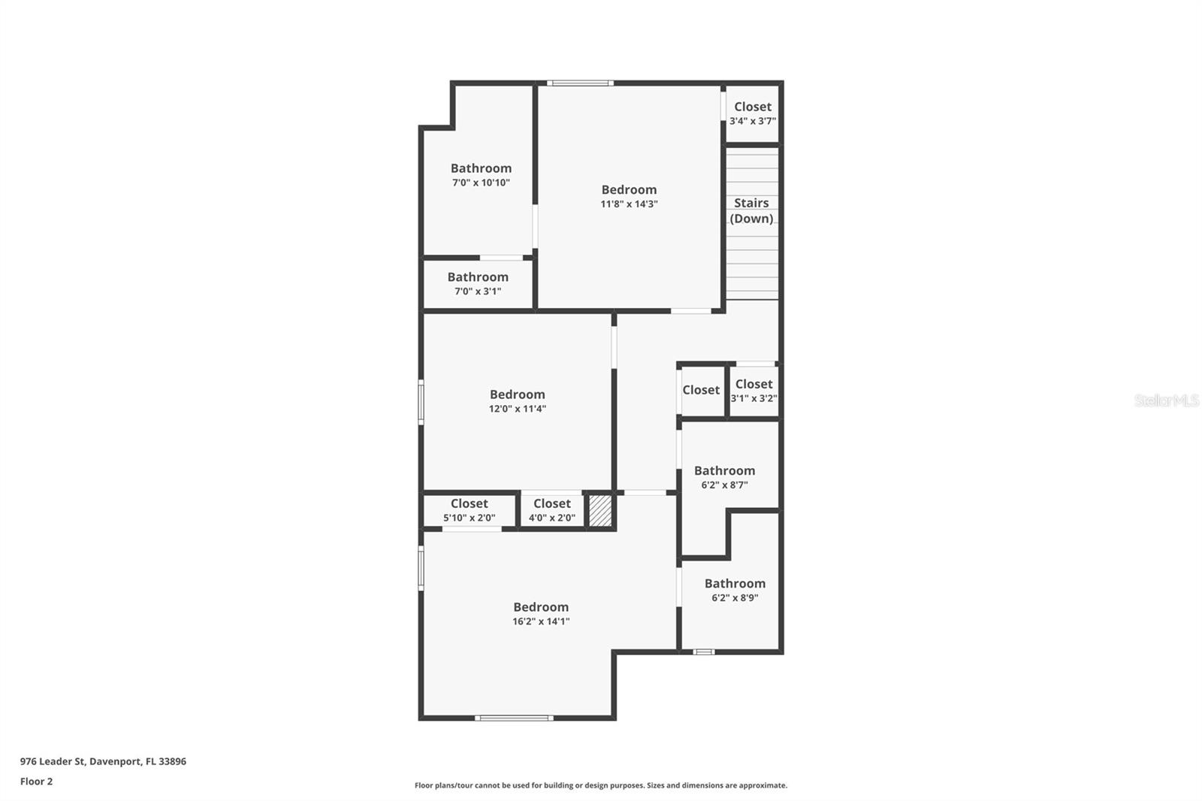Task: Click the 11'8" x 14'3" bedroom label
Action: (629, 196)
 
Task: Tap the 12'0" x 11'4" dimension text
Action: (517, 409)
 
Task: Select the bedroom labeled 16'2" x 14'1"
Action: (541, 613)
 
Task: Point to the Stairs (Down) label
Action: (751, 210)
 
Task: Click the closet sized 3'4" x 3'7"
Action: (752, 113)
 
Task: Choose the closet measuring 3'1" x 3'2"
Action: (754, 391)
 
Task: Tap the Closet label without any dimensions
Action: (701, 390)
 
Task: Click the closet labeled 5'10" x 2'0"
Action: (469, 510)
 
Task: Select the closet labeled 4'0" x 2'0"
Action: (551, 510)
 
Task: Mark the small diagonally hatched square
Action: (599, 510)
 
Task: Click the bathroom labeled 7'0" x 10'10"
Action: (481, 174)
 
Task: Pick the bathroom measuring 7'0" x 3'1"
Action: (478, 283)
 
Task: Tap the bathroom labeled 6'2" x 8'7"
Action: (724, 477)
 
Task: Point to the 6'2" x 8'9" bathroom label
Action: (735, 590)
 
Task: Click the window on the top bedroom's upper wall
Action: (579, 83)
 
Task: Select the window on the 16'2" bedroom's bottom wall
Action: (515, 718)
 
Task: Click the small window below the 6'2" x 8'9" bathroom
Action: (703, 651)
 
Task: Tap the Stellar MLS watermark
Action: (1166, 400)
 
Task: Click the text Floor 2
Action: (36, 781)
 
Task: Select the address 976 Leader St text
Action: (103, 761)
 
